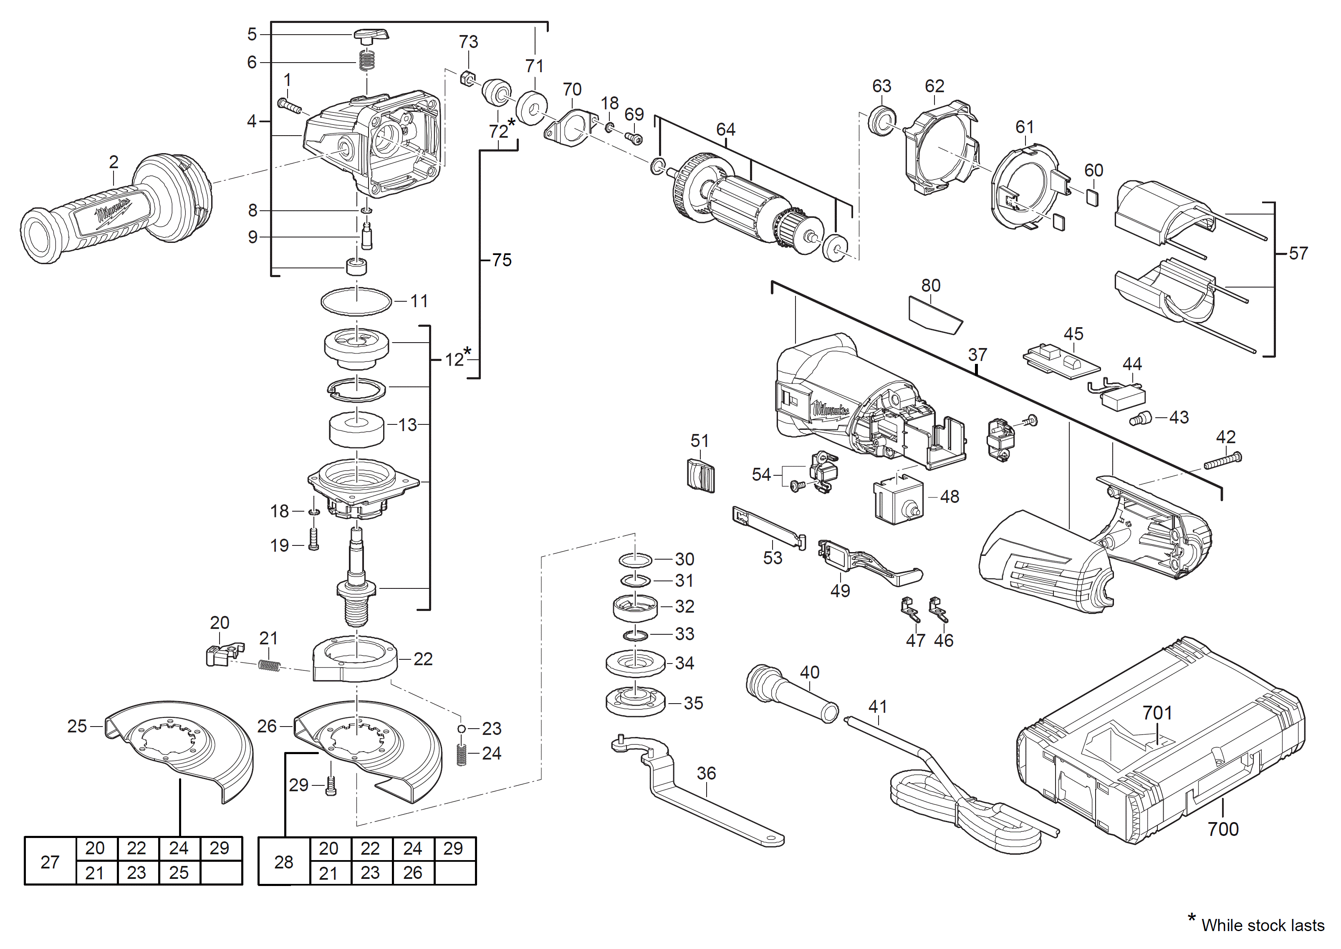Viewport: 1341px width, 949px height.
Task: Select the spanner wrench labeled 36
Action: [701, 800]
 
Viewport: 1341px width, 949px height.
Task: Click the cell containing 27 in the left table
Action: [50, 862]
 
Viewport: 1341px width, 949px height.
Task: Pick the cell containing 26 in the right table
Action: [412, 873]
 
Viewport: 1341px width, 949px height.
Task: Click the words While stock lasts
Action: [1262, 926]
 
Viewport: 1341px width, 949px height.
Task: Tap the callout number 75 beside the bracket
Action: [501, 260]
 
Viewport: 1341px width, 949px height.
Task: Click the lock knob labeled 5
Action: [371, 35]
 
